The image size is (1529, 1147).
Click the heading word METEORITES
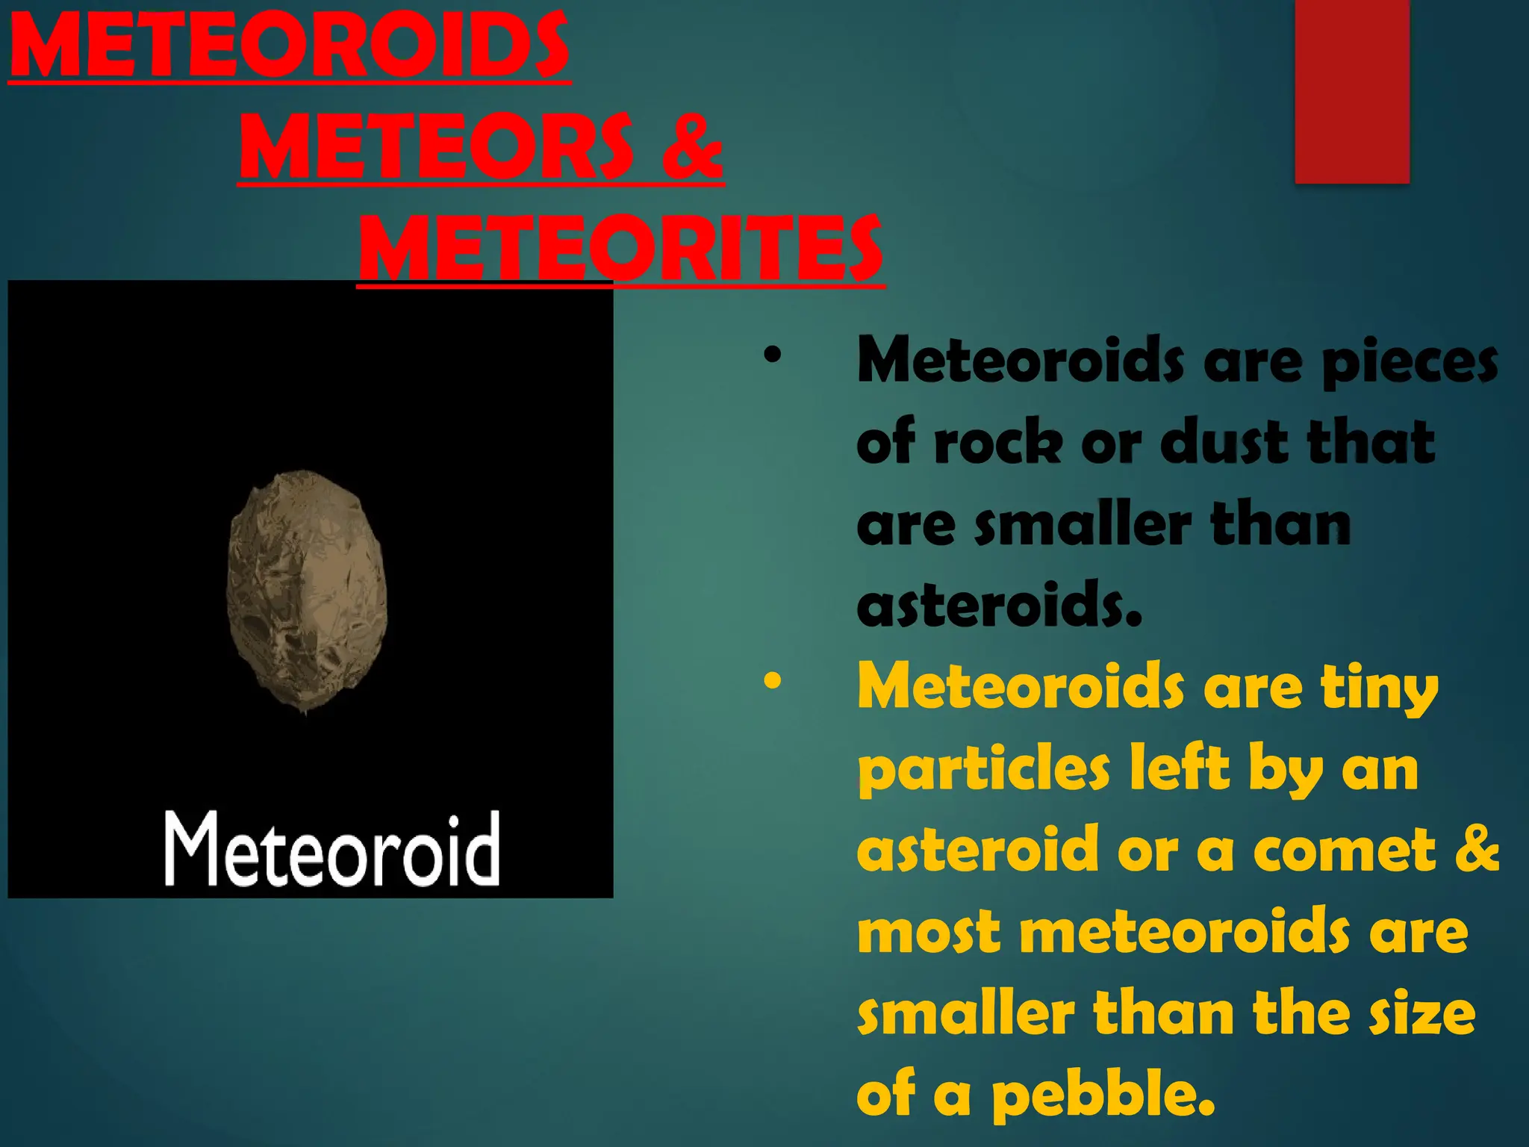tap(621, 248)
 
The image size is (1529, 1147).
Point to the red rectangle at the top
tap(1351, 91)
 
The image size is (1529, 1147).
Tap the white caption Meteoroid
tap(331, 850)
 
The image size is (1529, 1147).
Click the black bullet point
tap(772, 355)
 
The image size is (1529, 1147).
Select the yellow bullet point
tap(772, 680)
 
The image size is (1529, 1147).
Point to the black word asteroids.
tap(999, 604)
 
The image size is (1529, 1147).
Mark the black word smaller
tap(1083, 524)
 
